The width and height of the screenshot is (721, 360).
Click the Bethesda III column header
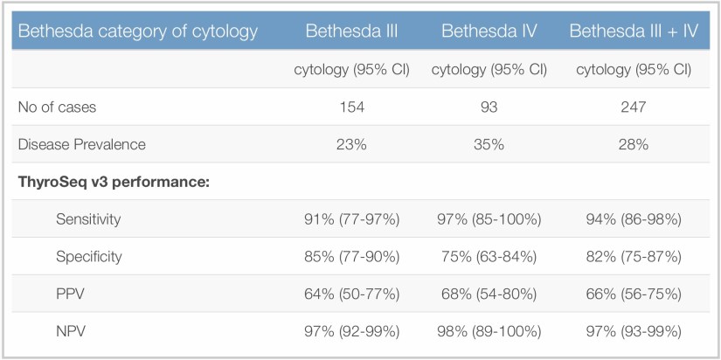(x=351, y=31)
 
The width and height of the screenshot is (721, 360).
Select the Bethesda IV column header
(x=489, y=31)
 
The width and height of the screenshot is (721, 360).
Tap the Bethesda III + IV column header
(x=634, y=31)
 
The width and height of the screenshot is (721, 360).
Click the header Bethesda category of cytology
(x=138, y=31)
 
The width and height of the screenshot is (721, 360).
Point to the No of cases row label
(x=58, y=107)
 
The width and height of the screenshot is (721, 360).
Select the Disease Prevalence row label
(x=82, y=144)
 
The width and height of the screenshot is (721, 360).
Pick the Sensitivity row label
(x=88, y=219)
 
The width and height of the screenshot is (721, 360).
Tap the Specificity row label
(x=88, y=257)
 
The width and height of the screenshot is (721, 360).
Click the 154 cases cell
(x=351, y=107)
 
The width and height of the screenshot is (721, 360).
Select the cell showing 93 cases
(x=489, y=107)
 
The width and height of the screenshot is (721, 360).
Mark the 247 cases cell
(x=634, y=107)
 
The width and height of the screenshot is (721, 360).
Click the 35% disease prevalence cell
(x=489, y=144)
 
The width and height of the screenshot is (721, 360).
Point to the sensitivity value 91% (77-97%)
(x=351, y=219)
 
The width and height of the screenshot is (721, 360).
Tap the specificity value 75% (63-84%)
(x=489, y=257)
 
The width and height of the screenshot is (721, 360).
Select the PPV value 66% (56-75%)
(x=634, y=294)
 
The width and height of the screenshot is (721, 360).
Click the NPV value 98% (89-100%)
(x=489, y=332)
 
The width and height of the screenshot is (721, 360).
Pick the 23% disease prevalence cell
(x=351, y=144)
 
